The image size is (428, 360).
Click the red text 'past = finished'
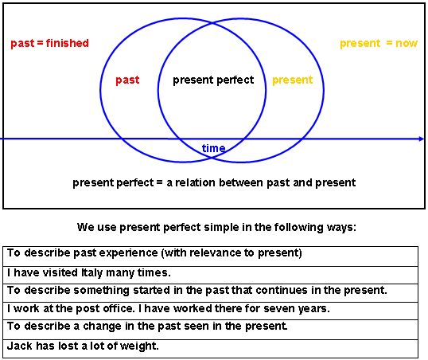(x=49, y=43)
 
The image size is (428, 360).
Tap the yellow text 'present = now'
(x=379, y=43)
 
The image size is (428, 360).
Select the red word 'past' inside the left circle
(x=127, y=80)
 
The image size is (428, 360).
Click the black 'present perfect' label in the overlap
(x=213, y=80)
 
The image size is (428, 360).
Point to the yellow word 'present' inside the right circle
(x=292, y=80)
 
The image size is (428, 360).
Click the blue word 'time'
(x=213, y=148)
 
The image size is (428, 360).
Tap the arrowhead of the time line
(x=421, y=139)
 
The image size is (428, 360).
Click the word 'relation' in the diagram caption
(x=195, y=182)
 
